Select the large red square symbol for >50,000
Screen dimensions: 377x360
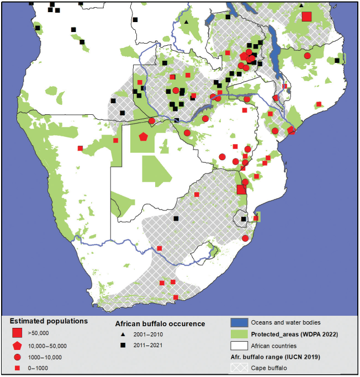pos(17,333)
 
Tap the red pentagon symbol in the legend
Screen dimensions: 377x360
pos(17,346)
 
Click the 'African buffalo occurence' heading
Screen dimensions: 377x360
pos(160,323)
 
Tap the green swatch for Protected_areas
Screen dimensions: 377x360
pos(238,334)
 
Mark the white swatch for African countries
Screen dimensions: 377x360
pos(238,346)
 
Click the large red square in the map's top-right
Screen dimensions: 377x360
pos(307,16)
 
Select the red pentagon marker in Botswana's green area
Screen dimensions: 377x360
pos(144,136)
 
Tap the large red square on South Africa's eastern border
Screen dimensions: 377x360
pos(241,189)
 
